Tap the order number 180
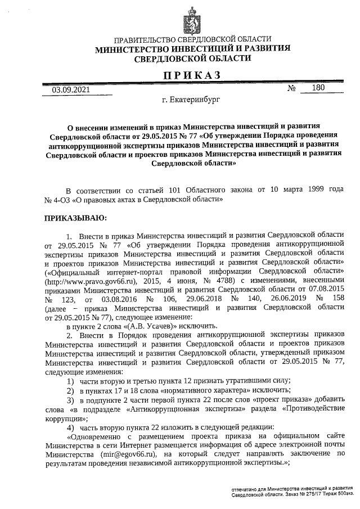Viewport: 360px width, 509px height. [318, 87]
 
